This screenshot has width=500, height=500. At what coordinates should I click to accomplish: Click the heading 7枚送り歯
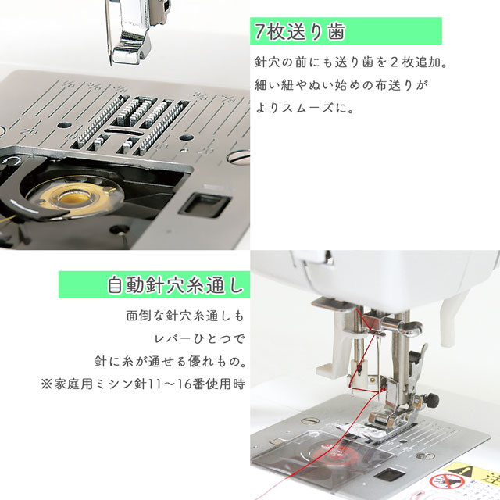point(300,32)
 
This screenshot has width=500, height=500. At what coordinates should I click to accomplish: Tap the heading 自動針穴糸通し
point(175,284)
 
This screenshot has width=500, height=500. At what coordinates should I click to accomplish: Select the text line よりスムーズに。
point(305,108)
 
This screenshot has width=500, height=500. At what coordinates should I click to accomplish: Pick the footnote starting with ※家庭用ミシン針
point(143,384)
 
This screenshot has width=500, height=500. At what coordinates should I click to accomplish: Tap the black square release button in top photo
point(204,205)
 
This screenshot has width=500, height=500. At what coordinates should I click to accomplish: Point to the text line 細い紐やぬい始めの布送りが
point(341,85)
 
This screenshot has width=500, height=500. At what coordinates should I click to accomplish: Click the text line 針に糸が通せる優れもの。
point(170,361)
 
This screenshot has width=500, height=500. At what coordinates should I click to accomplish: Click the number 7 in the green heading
point(260,32)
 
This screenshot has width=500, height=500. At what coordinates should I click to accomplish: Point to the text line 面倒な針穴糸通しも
point(185,316)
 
